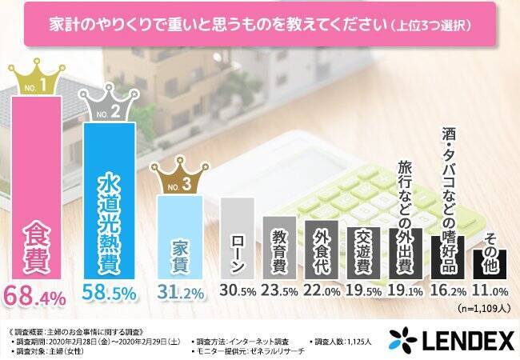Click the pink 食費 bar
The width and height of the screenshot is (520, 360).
point(36,188)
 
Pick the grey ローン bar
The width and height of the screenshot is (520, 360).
point(237,240)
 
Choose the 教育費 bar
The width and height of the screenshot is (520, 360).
point(280,248)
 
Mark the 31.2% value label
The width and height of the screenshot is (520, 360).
point(181,295)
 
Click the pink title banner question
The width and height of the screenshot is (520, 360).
point(259,25)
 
